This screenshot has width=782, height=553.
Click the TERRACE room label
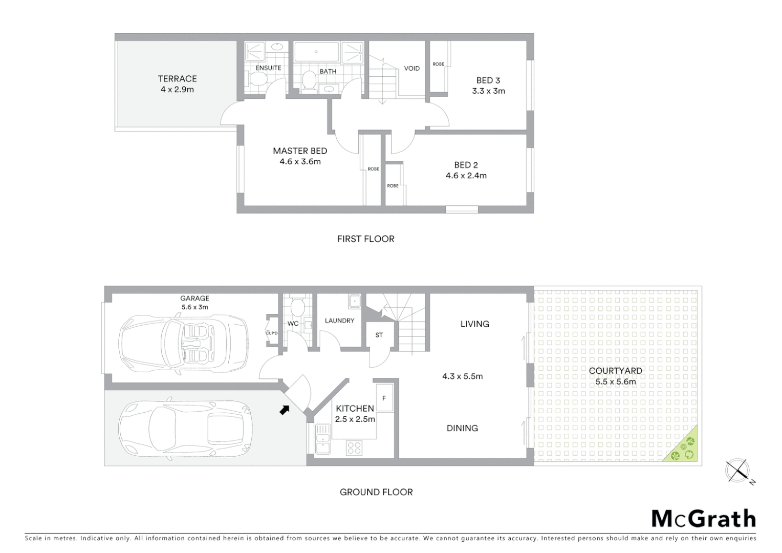[177, 79]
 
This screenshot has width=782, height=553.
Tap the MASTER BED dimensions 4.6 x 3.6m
[300, 162]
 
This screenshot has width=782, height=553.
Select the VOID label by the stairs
[411, 69]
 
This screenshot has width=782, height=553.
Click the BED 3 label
[488, 80]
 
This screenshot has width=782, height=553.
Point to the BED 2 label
[466, 165]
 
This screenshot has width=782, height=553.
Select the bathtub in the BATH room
[316, 52]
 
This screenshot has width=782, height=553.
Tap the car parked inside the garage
[183, 339]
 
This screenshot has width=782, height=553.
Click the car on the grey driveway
[185, 429]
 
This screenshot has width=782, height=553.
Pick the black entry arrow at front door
[285, 409]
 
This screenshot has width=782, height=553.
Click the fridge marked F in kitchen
[384, 398]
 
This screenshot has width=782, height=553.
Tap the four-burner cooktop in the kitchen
[354, 448]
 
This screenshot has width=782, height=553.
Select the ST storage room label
[379, 335]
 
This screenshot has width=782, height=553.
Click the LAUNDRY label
[339, 321]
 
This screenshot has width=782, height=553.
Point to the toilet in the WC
[296, 307]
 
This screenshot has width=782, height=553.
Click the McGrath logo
[703, 519]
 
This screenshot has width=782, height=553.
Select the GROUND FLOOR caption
[376, 492]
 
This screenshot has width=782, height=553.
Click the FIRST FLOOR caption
[365, 239]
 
